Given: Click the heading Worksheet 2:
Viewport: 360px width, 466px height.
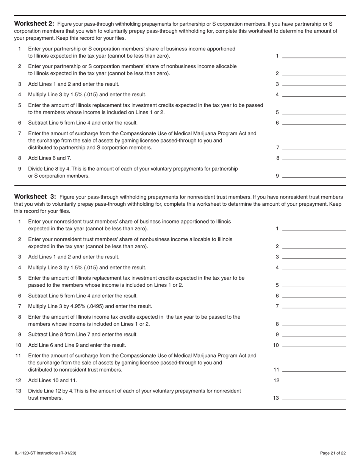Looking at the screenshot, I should (34, 23).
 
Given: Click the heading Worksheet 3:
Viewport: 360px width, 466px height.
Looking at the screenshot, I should (35, 197).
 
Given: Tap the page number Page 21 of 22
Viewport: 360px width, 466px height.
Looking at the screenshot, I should (333, 453).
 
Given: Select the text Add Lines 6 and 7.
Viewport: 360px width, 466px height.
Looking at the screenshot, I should (50, 158).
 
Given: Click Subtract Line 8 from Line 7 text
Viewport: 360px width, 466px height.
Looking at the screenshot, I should (83, 335).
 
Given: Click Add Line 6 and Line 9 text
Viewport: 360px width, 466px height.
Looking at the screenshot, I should (77, 345).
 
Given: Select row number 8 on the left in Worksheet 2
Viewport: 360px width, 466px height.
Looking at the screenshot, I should (20, 158).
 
